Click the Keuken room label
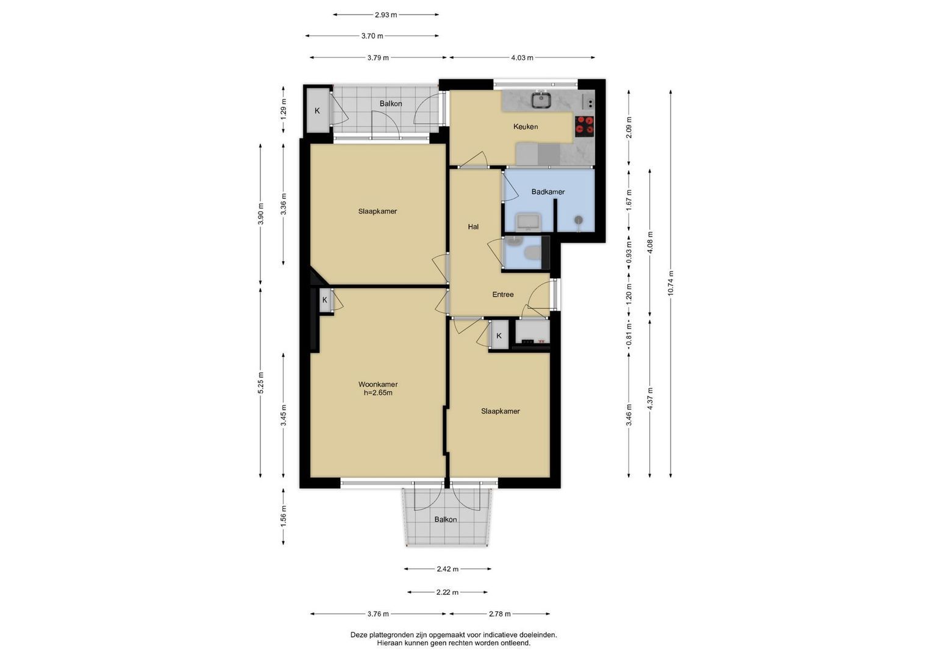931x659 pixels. [526, 126]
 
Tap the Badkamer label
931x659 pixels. [548, 192]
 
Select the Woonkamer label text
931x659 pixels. [378, 384]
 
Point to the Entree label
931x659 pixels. [503, 295]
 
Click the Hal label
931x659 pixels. [473, 227]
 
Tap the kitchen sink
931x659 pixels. [541, 100]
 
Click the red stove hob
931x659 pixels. [584, 126]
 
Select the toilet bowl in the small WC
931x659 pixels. [532, 253]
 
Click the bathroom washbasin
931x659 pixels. [528, 221]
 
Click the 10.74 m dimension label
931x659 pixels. [671, 283]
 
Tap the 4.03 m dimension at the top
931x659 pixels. [522, 58]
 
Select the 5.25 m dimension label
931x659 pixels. [260, 383]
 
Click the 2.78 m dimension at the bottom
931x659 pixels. [499, 614]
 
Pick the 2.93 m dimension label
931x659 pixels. [386, 15]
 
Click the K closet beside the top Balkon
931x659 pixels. [318, 110]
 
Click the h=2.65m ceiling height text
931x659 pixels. [378, 393]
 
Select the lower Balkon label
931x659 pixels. [446, 520]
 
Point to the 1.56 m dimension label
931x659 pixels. [284, 517]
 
